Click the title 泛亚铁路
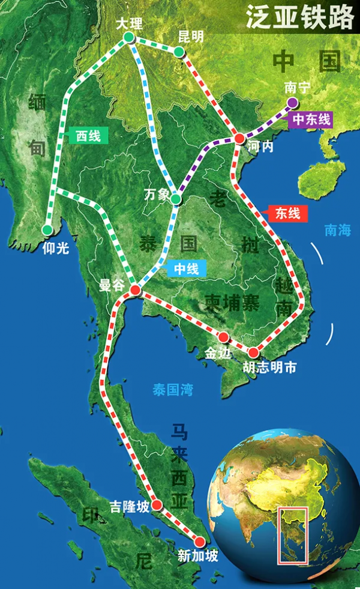300,19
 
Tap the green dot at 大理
128,38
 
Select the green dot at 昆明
179,52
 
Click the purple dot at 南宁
292,102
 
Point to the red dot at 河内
239,139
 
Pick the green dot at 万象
175,199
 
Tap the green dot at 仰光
47,229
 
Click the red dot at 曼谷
135,291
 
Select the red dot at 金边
224,337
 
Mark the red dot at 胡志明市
254,352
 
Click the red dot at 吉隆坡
157,505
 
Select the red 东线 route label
287,212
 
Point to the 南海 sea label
337,229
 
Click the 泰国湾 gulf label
173,390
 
